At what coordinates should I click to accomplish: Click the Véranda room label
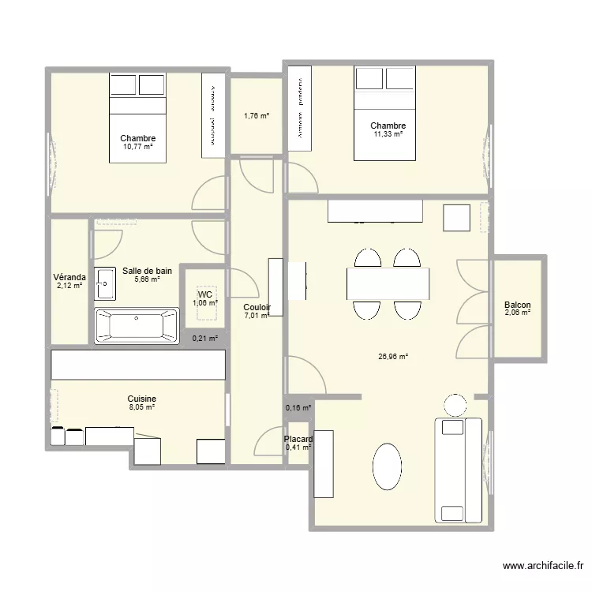tap(69, 278)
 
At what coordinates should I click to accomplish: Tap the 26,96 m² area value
tap(393, 357)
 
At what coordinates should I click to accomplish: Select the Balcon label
tap(517, 305)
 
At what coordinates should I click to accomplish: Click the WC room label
tap(204, 294)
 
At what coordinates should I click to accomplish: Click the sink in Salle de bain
tap(105, 283)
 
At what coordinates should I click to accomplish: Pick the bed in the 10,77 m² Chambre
tap(137, 118)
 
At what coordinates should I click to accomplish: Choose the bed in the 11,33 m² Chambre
tap(384, 113)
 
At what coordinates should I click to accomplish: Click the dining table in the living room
tap(388, 284)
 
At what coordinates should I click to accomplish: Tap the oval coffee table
tap(387, 467)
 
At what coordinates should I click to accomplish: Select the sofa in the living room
tap(458, 470)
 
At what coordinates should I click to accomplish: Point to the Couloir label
tap(257, 308)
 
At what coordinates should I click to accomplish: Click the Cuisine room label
tap(142, 399)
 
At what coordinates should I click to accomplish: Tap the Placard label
tap(299, 440)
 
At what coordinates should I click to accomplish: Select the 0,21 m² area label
tap(204, 339)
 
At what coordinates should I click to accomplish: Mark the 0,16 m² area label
tap(298, 408)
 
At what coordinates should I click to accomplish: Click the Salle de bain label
tap(147, 271)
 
